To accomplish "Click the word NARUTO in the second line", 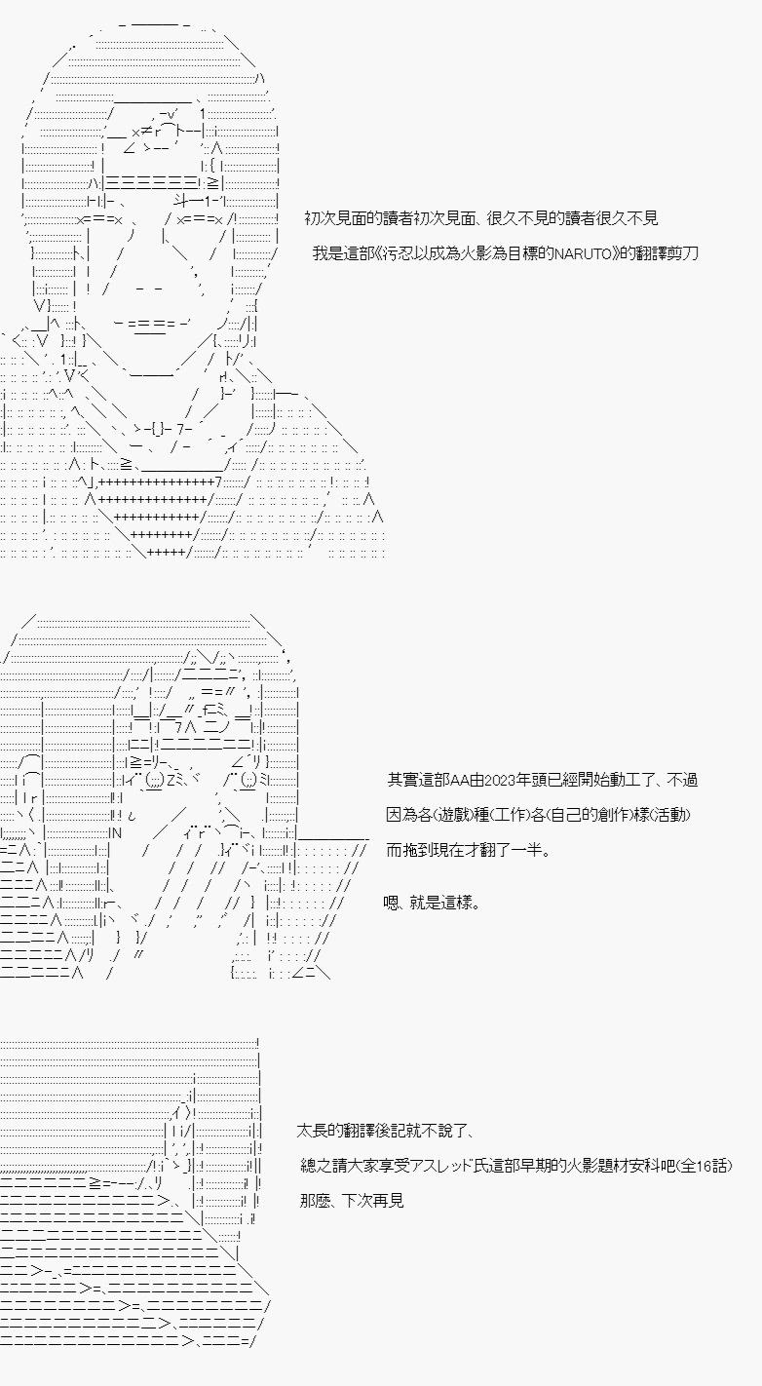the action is [x=583, y=253].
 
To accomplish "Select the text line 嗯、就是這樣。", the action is [x=432, y=903].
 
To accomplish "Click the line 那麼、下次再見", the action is [x=352, y=1200].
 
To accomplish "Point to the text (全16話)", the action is [x=703, y=1166].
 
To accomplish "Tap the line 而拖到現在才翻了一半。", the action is [x=469, y=849].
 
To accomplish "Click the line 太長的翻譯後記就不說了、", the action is [x=386, y=1131].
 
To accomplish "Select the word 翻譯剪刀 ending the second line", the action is [x=669, y=253].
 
